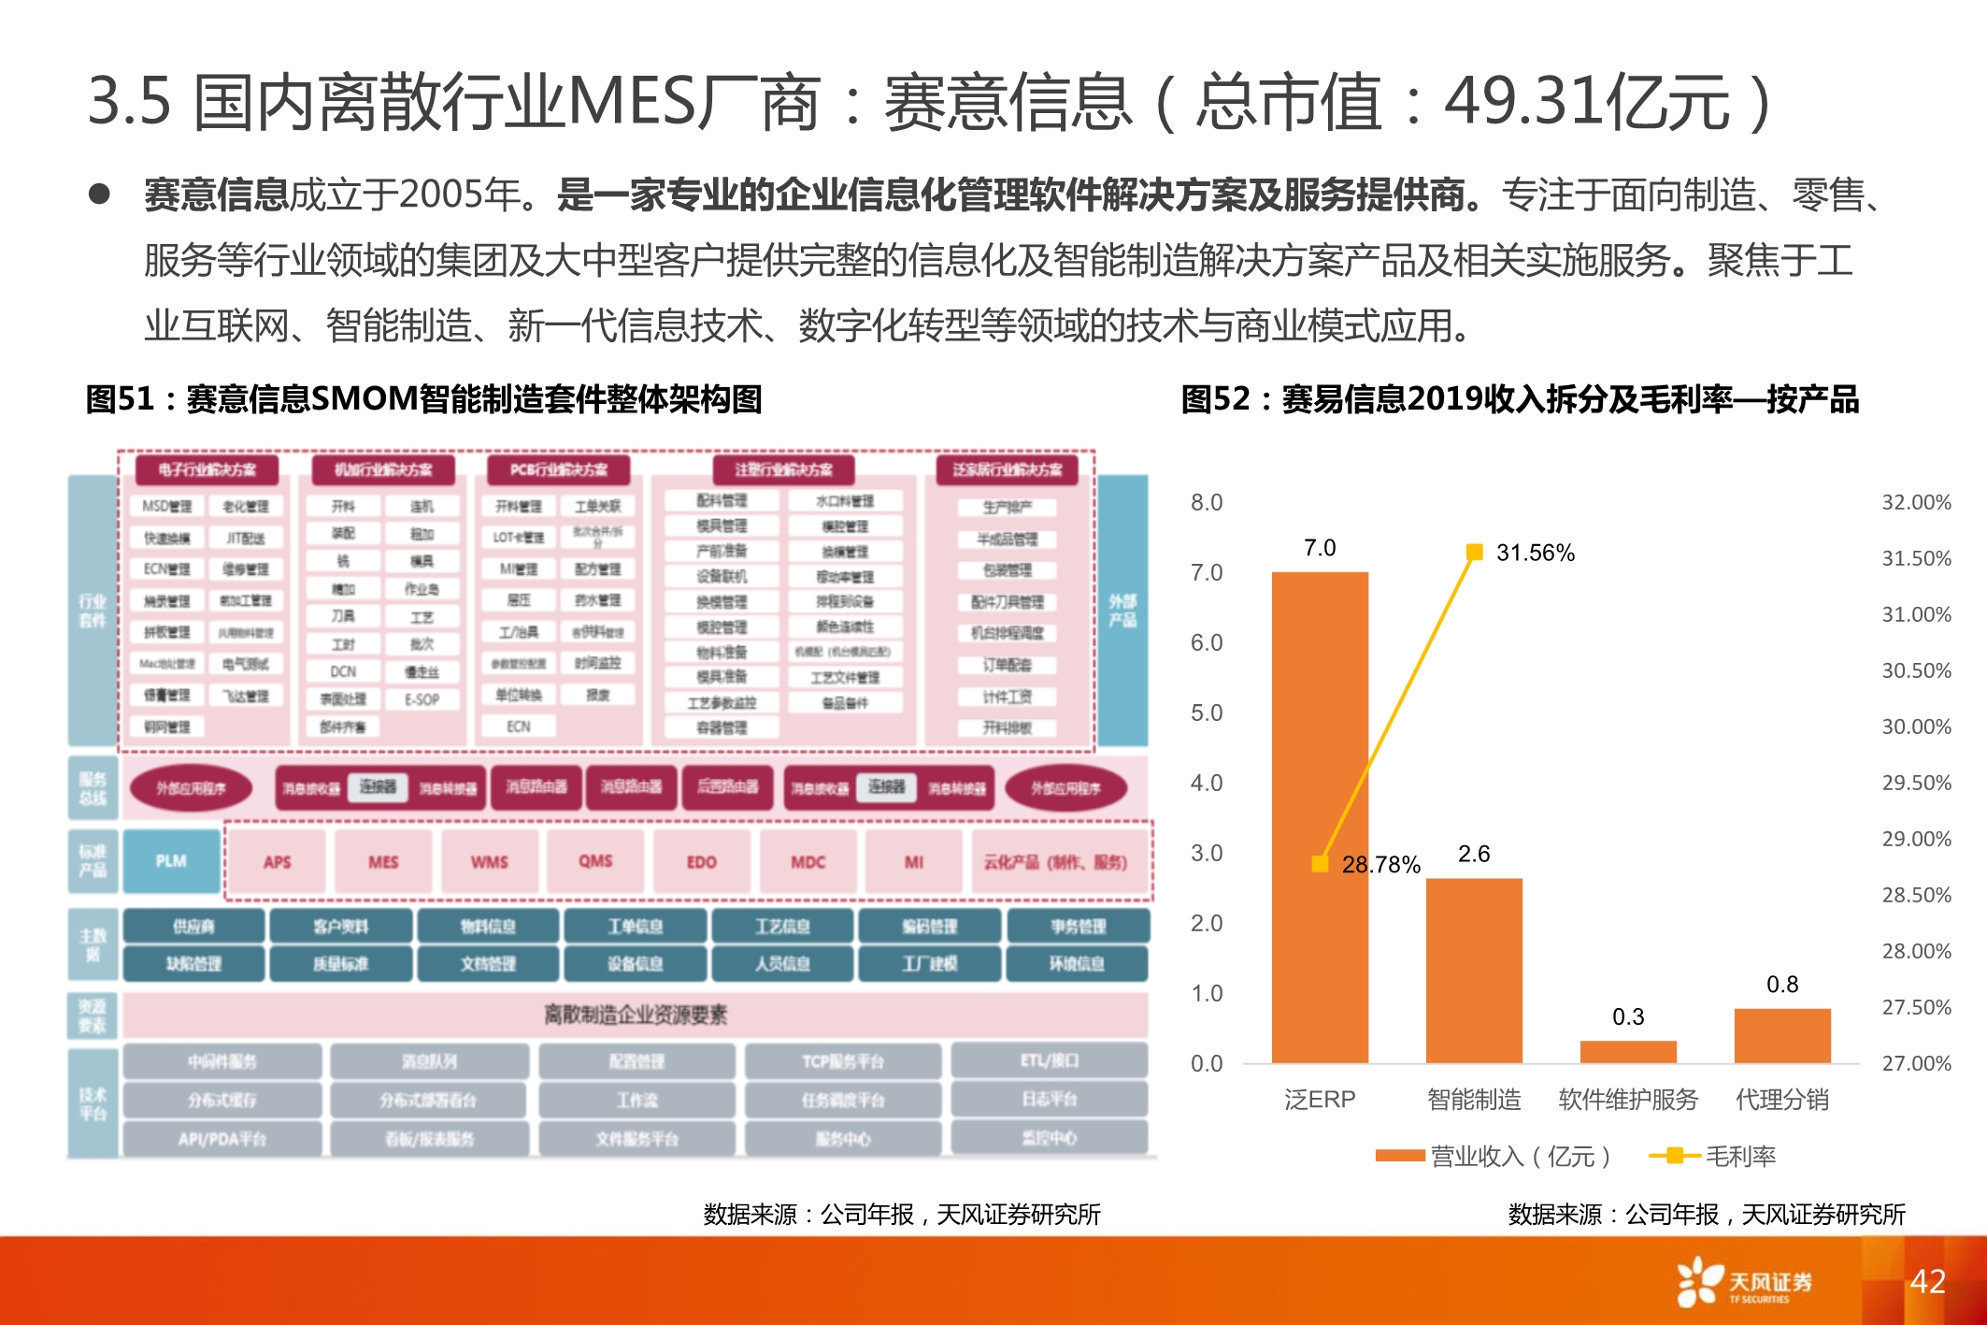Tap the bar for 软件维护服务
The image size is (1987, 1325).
[x=1628, y=1052]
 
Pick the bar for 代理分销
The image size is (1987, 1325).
[x=1782, y=1035]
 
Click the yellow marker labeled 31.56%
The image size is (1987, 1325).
[x=1474, y=553]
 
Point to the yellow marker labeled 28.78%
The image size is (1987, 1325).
[x=1320, y=864]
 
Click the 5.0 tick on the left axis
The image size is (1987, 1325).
[x=1206, y=713]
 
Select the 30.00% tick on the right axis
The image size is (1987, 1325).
[x=1916, y=727]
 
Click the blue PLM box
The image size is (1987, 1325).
[x=171, y=860]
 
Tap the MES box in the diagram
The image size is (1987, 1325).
[x=383, y=861]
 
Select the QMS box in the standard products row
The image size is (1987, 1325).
[x=595, y=861]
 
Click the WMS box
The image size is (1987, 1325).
[x=489, y=861]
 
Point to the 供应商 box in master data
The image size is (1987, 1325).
[x=193, y=926]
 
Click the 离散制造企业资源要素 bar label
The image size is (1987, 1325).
[x=636, y=1015]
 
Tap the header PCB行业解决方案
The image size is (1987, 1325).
[x=559, y=469]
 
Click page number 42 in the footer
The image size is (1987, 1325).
[x=1927, y=1281]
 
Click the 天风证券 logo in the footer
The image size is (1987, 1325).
[x=1744, y=1282]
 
